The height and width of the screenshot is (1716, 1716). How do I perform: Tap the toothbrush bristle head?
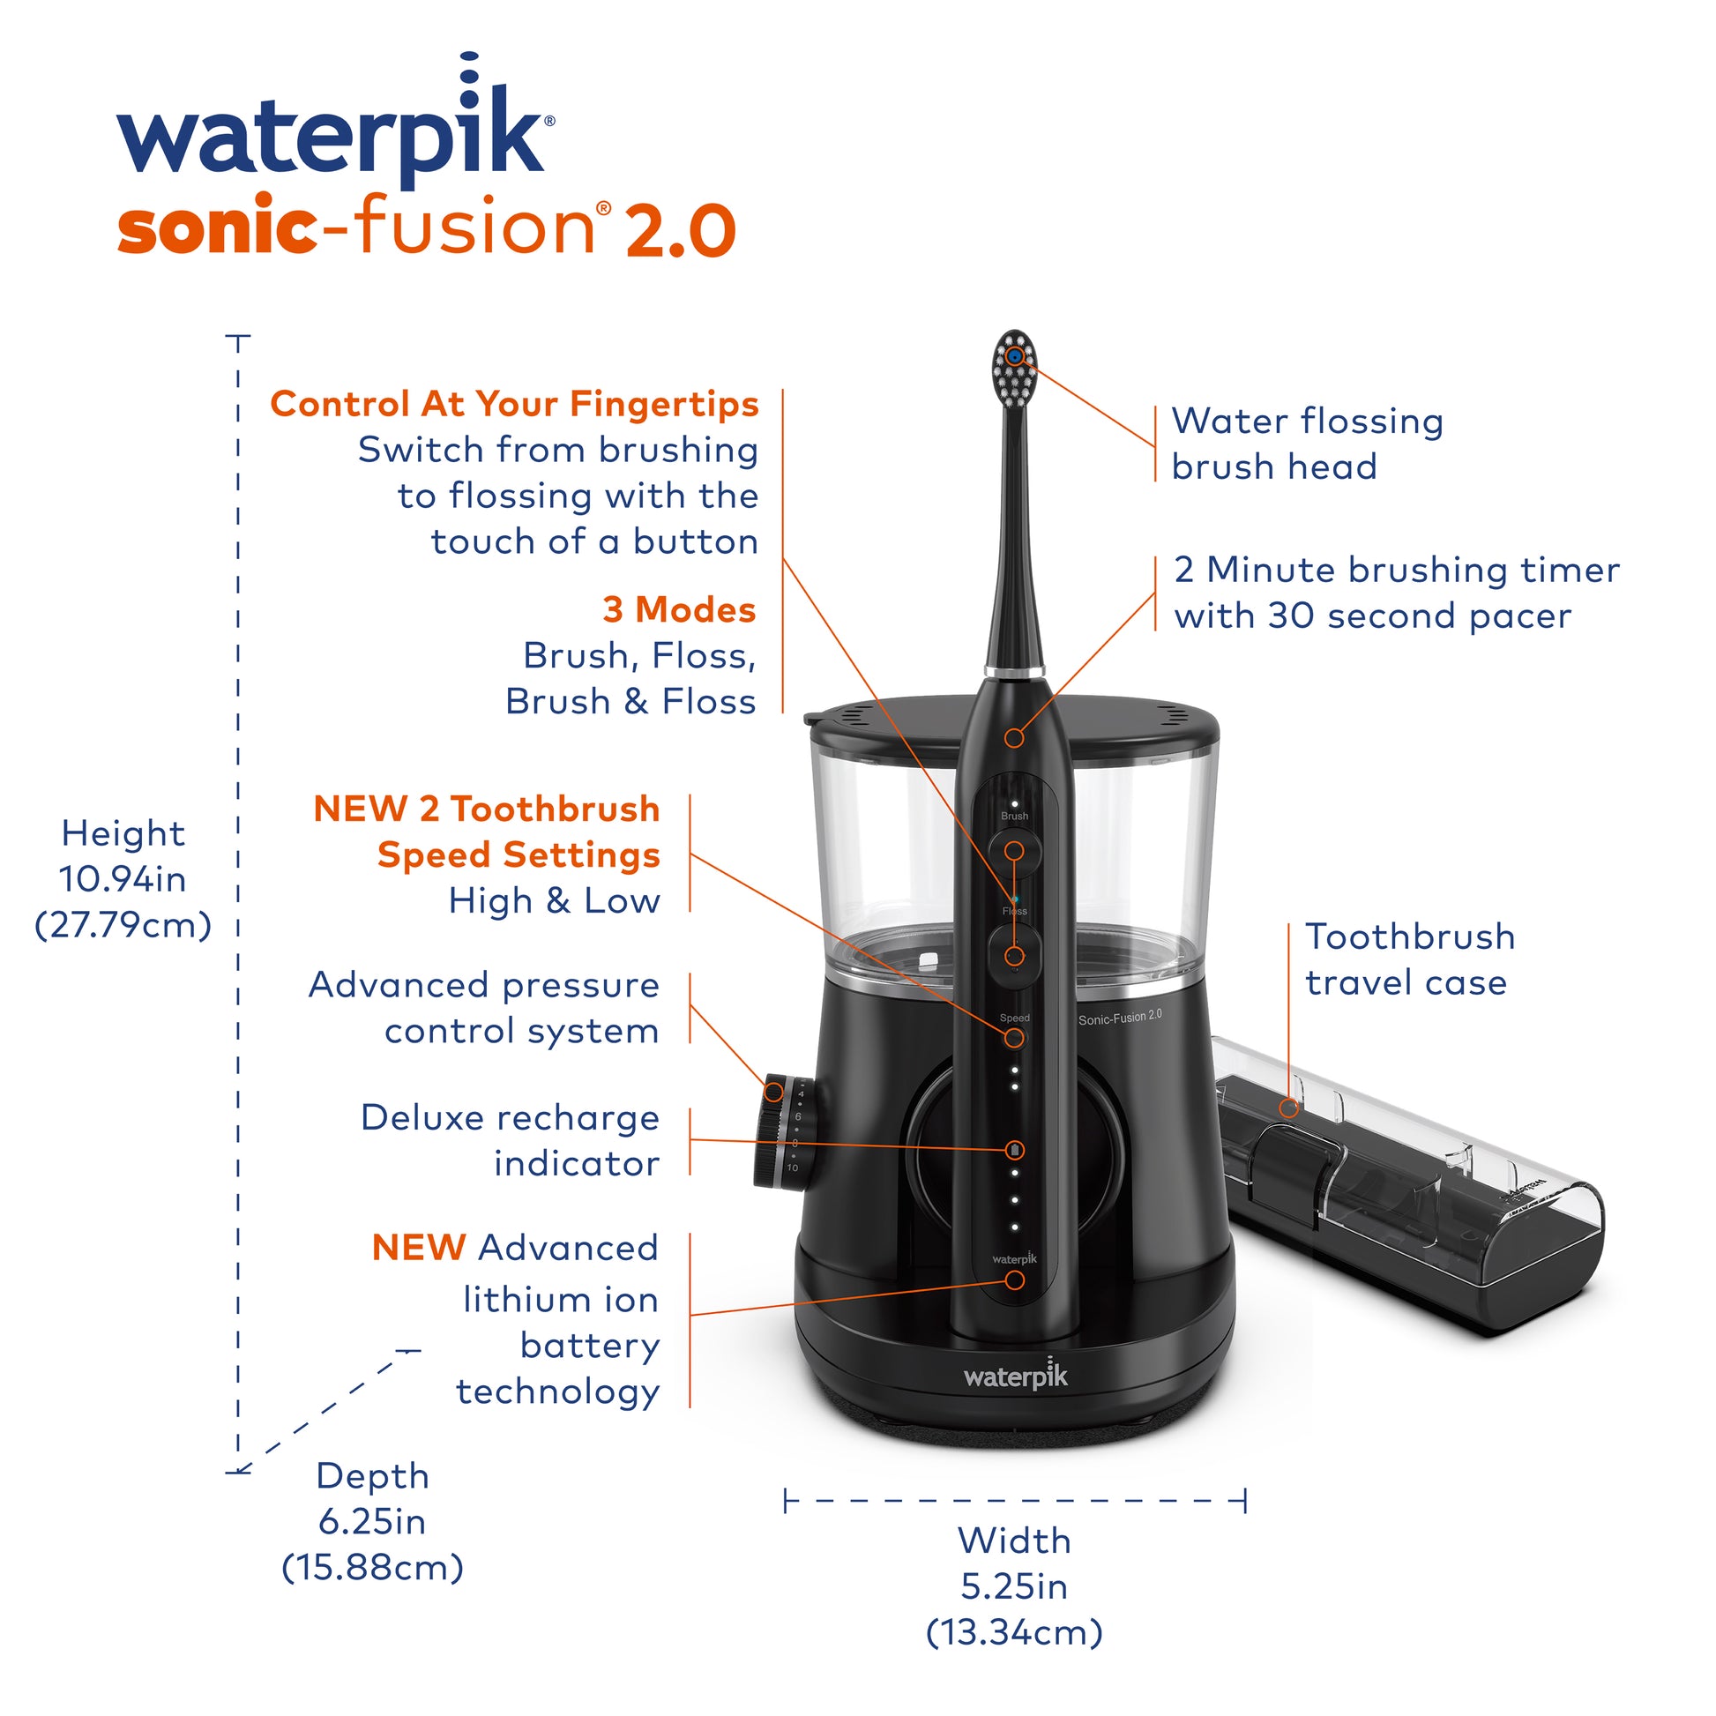coord(1014,365)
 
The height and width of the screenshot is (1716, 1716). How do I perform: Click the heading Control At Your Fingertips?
coord(514,404)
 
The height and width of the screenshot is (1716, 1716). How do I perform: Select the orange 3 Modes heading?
coord(680,610)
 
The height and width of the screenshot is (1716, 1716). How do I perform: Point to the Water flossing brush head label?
coord(1306,444)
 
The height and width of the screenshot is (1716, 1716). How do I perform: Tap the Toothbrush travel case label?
coord(1408,959)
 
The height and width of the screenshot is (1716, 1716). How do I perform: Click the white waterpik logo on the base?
coord(1016,1376)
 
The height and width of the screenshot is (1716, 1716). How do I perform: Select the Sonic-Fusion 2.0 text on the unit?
coord(1119,1017)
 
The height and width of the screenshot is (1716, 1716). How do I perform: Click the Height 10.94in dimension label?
coord(123,879)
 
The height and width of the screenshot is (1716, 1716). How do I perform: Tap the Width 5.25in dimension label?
coord(1014,1586)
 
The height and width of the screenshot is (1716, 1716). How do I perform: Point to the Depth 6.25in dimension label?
coord(372,1522)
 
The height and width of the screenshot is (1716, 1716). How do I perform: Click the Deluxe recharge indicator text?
coord(511,1140)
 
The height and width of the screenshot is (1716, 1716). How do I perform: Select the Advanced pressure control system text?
coord(484,1008)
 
